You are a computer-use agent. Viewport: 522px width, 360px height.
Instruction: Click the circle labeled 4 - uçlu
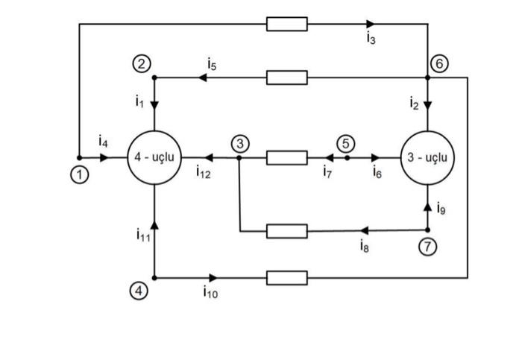coord(153,158)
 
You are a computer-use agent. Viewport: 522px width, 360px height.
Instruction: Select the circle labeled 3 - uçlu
coord(427,158)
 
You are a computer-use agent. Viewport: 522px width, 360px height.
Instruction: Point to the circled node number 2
coord(141,63)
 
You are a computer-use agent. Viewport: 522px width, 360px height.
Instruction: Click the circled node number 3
coord(239,143)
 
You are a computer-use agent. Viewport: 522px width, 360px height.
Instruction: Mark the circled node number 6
coord(440,63)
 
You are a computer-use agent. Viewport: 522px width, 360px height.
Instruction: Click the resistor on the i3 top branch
coord(287,25)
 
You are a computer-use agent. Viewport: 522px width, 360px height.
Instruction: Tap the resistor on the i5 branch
coord(287,78)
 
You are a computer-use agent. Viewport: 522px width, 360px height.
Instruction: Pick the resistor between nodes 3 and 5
coord(287,158)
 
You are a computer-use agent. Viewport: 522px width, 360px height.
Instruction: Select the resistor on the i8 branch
coord(287,231)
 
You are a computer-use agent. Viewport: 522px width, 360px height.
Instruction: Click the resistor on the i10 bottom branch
coord(287,278)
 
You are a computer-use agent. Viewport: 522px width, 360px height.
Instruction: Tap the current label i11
coord(142,236)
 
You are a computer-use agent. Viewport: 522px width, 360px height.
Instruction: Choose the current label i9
coord(441,209)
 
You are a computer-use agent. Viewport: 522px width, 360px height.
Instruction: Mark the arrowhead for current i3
coord(371,25)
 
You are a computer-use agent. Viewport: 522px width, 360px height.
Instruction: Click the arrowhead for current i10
coord(213,278)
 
